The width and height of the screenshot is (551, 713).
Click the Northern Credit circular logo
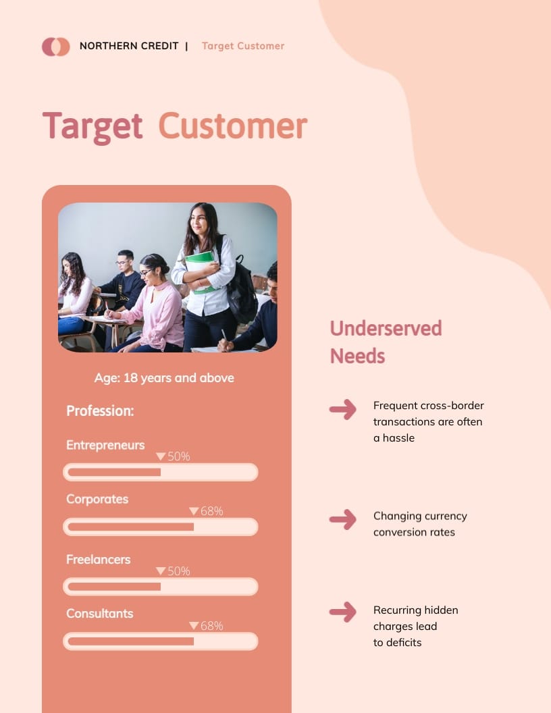pyautogui.click(x=55, y=47)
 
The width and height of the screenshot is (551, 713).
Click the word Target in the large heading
pyautogui.click(x=93, y=126)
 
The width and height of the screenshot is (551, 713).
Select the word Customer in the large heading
pyautogui.click(x=233, y=126)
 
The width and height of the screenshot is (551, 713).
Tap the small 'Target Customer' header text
pyautogui.click(x=243, y=46)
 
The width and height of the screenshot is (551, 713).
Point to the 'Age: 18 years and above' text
pyautogui.click(x=164, y=378)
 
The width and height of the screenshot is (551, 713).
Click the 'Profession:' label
pyautogui.click(x=100, y=411)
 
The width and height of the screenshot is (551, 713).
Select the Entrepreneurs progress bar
pyautogui.click(x=161, y=472)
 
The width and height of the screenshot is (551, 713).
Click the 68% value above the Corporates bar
pyautogui.click(x=211, y=511)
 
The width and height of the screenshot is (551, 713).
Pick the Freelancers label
pyautogui.click(x=98, y=559)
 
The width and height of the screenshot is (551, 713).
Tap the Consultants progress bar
pyautogui.click(x=161, y=641)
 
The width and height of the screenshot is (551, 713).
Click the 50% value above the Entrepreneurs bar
pyautogui.click(x=178, y=456)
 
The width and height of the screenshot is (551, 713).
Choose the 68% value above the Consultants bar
pyautogui.click(x=211, y=626)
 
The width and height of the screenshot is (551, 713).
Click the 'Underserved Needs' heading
pyautogui.click(x=386, y=342)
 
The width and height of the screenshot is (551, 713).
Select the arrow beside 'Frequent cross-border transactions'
pyautogui.click(x=343, y=409)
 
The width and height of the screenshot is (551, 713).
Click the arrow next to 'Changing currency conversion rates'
pyautogui.click(x=343, y=519)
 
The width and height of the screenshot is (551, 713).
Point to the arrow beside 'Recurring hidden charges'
pyautogui.click(x=343, y=612)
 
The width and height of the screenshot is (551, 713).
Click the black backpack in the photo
pyautogui.click(x=241, y=290)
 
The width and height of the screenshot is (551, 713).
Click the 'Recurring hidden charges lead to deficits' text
pyautogui.click(x=415, y=626)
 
